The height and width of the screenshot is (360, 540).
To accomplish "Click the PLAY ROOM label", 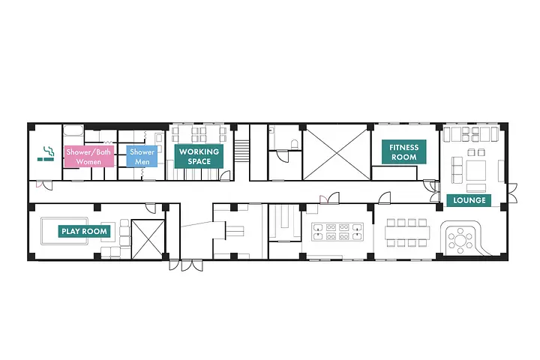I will click(x=85, y=232).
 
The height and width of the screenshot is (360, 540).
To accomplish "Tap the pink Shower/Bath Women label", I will click(x=89, y=157).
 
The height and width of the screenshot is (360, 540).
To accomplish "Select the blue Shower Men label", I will click(x=142, y=157).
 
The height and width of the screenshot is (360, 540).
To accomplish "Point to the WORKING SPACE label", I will click(x=199, y=156).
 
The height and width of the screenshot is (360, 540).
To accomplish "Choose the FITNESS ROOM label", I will click(x=404, y=152).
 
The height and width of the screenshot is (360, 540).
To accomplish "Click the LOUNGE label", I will click(x=469, y=200).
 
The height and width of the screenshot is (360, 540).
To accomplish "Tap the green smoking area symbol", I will click(x=46, y=154).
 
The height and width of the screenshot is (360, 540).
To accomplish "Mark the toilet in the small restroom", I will click(x=294, y=142).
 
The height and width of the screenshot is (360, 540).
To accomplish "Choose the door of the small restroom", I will click(x=283, y=155).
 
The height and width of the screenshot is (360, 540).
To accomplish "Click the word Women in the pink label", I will click(x=89, y=162).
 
